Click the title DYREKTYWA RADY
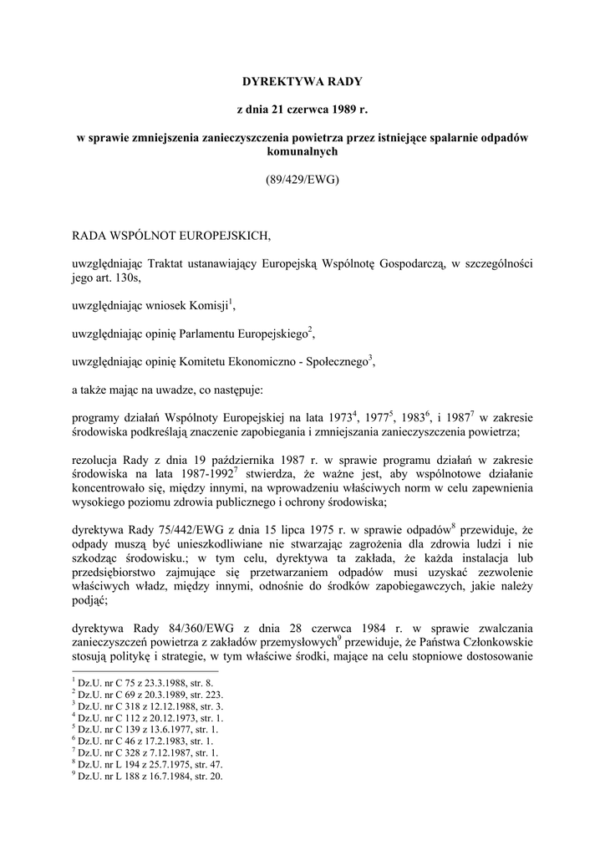click(x=302, y=82)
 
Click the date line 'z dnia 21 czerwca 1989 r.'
click(x=302, y=110)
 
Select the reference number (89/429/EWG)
click(x=302, y=179)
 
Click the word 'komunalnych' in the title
click(x=302, y=152)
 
